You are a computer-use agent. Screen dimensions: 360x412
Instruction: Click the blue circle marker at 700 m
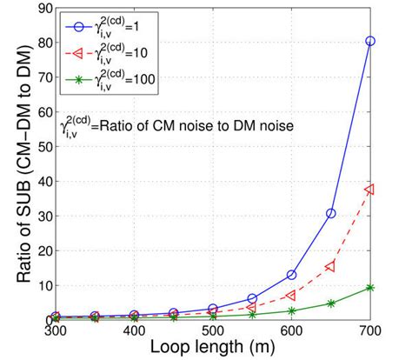pos(370,41)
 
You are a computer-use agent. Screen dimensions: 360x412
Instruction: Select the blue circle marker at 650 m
pos(331,213)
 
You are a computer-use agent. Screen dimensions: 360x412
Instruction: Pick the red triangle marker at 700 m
pos(370,189)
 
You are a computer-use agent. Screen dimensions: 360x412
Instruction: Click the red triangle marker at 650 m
pos(331,266)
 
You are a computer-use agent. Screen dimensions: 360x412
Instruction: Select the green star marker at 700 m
pos(370,288)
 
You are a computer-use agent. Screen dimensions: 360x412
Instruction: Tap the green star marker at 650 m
pos(331,303)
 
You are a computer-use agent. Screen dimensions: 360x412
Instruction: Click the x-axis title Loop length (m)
pos(213,349)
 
